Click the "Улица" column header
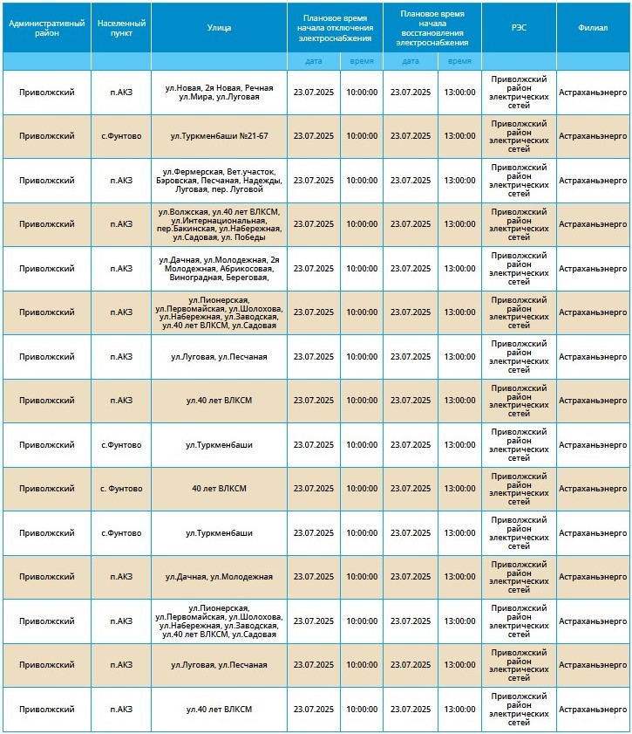219,27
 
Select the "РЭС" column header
519,27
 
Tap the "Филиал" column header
593,27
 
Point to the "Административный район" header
46,27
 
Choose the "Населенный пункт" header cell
121,27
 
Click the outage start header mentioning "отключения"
336,27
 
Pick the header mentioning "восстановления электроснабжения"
432,27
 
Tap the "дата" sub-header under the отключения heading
314,61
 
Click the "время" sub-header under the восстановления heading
459,61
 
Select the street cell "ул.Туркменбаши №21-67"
219,136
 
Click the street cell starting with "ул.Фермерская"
219,180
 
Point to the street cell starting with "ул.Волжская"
219,224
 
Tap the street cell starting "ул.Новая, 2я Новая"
219,93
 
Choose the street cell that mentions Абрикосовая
219,269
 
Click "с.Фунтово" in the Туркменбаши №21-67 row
121,136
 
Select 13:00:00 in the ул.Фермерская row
459,181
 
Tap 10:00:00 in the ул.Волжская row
362,224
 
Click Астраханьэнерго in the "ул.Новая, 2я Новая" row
593,93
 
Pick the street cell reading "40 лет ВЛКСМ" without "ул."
219,489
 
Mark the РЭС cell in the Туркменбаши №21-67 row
519,136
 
